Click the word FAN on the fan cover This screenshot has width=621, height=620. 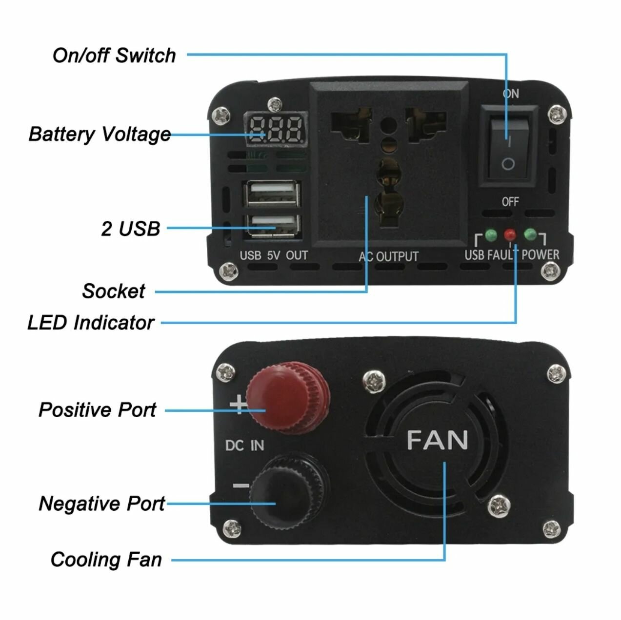coord(437,440)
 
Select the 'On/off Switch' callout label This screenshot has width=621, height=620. coord(114,55)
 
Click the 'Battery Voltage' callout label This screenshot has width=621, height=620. coord(100,134)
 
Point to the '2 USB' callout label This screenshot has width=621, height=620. coord(130,228)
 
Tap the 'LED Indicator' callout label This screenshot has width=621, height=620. coord(91,322)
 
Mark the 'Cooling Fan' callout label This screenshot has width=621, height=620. coord(106,559)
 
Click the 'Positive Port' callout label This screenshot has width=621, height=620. coord(98,409)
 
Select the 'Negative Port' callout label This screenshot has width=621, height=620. coord(101,503)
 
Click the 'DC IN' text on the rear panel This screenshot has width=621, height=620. coord(245,445)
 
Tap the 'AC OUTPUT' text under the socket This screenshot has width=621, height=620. coord(389,256)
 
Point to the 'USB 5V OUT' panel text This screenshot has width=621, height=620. coord(274,255)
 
